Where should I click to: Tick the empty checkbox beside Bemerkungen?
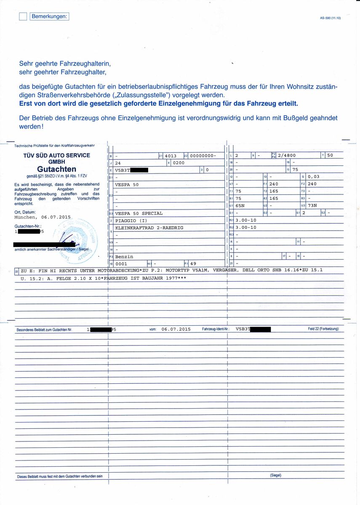pyautogui.click(x=23, y=17)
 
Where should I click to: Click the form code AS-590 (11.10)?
pyautogui.click(x=331, y=18)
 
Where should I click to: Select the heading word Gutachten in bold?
pyautogui.click(x=56, y=169)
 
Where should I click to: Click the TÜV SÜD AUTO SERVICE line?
pyautogui.click(x=56, y=155)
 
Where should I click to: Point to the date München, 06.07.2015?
pyautogui.click(x=43, y=218)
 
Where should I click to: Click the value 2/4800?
pyautogui.click(x=286, y=155)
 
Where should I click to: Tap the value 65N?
pyautogui.click(x=240, y=205)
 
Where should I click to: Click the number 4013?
pyautogui.click(x=171, y=156)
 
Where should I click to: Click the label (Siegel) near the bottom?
pyautogui.click(x=276, y=476)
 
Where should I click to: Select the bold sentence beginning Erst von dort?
pyautogui.click(x=159, y=103)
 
